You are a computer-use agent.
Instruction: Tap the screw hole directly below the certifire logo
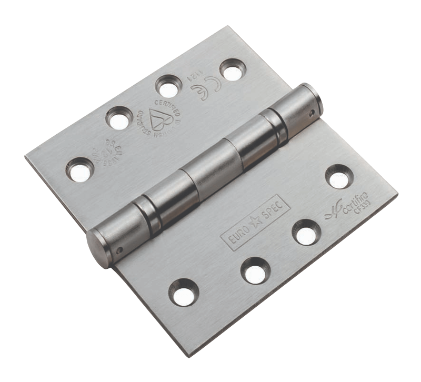click(x=307, y=232)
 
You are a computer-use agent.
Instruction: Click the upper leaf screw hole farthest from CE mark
click(x=80, y=169)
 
